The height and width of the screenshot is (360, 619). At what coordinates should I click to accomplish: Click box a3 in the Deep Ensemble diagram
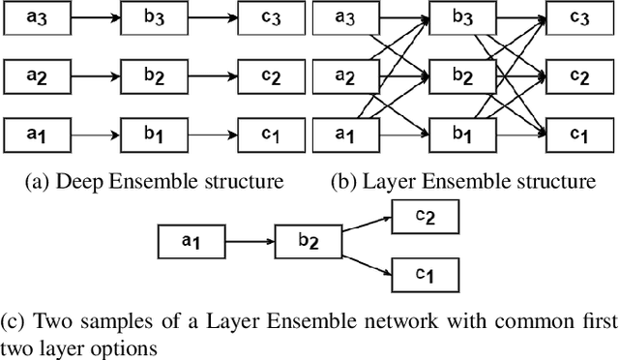coord(34,17)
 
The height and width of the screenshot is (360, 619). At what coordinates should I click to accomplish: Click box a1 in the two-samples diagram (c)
coord(190,239)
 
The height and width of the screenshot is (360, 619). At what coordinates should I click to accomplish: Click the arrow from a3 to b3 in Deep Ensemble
coord(92,17)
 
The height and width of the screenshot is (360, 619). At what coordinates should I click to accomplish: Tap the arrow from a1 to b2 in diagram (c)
coord(248,239)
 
